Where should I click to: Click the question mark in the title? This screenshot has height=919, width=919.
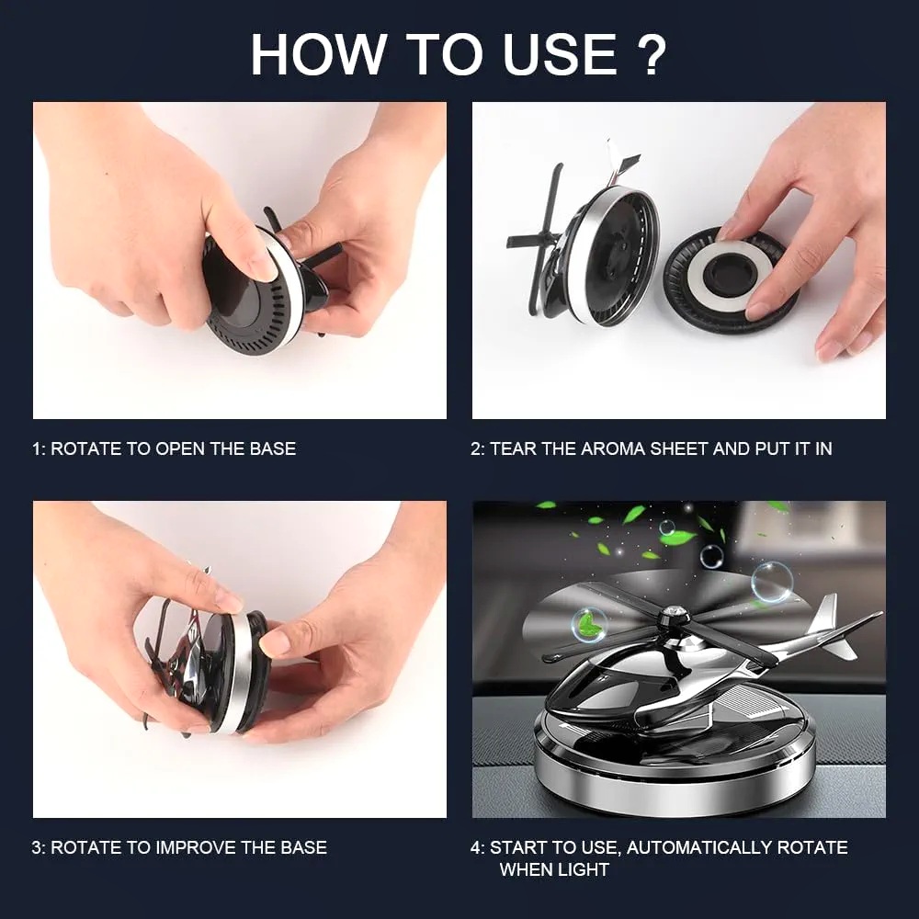tap(650, 54)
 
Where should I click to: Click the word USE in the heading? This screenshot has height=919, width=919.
tap(560, 54)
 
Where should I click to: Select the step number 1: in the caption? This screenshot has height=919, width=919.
tap(38, 449)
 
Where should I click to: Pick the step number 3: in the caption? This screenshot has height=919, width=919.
tap(38, 847)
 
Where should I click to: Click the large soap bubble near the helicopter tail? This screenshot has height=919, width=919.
tap(772, 582)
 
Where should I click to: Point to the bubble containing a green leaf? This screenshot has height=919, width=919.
tap(588, 624)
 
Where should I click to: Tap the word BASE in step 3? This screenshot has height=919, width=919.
tap(303, 847)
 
